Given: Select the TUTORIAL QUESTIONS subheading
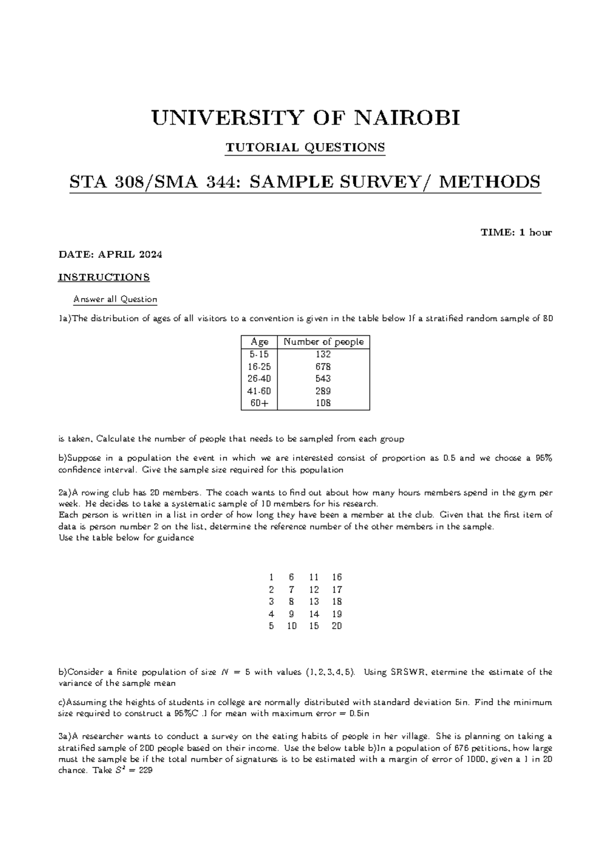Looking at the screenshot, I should click(305, 148).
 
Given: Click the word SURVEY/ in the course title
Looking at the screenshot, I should click(391, 182).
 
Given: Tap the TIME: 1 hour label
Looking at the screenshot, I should click(516, 233).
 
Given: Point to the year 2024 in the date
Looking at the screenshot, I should click(151, 255).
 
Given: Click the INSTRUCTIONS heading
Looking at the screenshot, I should click(104, 277).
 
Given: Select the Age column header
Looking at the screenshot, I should click(259, 342).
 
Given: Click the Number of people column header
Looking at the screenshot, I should click(323, 342).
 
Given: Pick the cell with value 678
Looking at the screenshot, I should click(323, 367).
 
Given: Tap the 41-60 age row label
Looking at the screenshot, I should click(259, 391).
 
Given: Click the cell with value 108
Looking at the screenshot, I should click(323, 403).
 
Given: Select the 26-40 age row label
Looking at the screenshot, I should click(259, 379).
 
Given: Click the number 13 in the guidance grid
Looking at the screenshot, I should click(314, 602).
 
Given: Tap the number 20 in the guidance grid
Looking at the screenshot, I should click(337, 626).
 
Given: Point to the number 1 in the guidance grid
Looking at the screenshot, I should click(271, 578).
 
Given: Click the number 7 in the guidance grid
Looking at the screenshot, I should click(291, 590).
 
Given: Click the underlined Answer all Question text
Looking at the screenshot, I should click(116, 299).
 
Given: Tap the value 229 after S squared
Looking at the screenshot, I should click(146, 771).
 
